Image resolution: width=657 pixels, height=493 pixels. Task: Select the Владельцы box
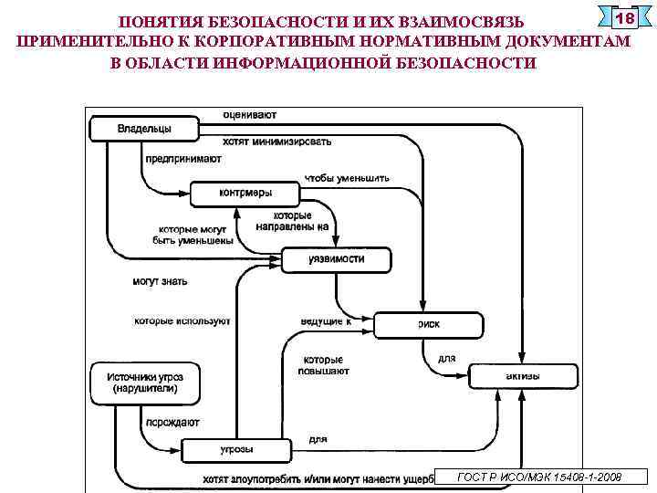tap(144, 130)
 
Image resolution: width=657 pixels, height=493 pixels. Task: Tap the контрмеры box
tap(245, 194)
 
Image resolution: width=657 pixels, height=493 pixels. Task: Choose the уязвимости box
tap(336, 259)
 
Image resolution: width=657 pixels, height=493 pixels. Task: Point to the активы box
tap(523, 376)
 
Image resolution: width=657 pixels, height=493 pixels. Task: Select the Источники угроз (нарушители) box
tap(144, 383)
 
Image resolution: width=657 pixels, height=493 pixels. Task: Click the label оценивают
tap(249, 115)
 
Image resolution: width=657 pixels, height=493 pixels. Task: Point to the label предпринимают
tap(182, 159)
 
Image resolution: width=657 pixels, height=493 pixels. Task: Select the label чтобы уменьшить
tap(347, 178)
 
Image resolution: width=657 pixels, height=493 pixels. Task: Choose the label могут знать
tap(160, 281)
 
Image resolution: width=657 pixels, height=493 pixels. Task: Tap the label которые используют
tap(182, 321)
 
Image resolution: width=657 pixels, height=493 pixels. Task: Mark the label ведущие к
tap(326, 321)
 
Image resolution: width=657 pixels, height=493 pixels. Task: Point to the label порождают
tap(171, 423)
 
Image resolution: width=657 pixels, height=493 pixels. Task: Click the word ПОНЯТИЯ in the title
tap(163, 21)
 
